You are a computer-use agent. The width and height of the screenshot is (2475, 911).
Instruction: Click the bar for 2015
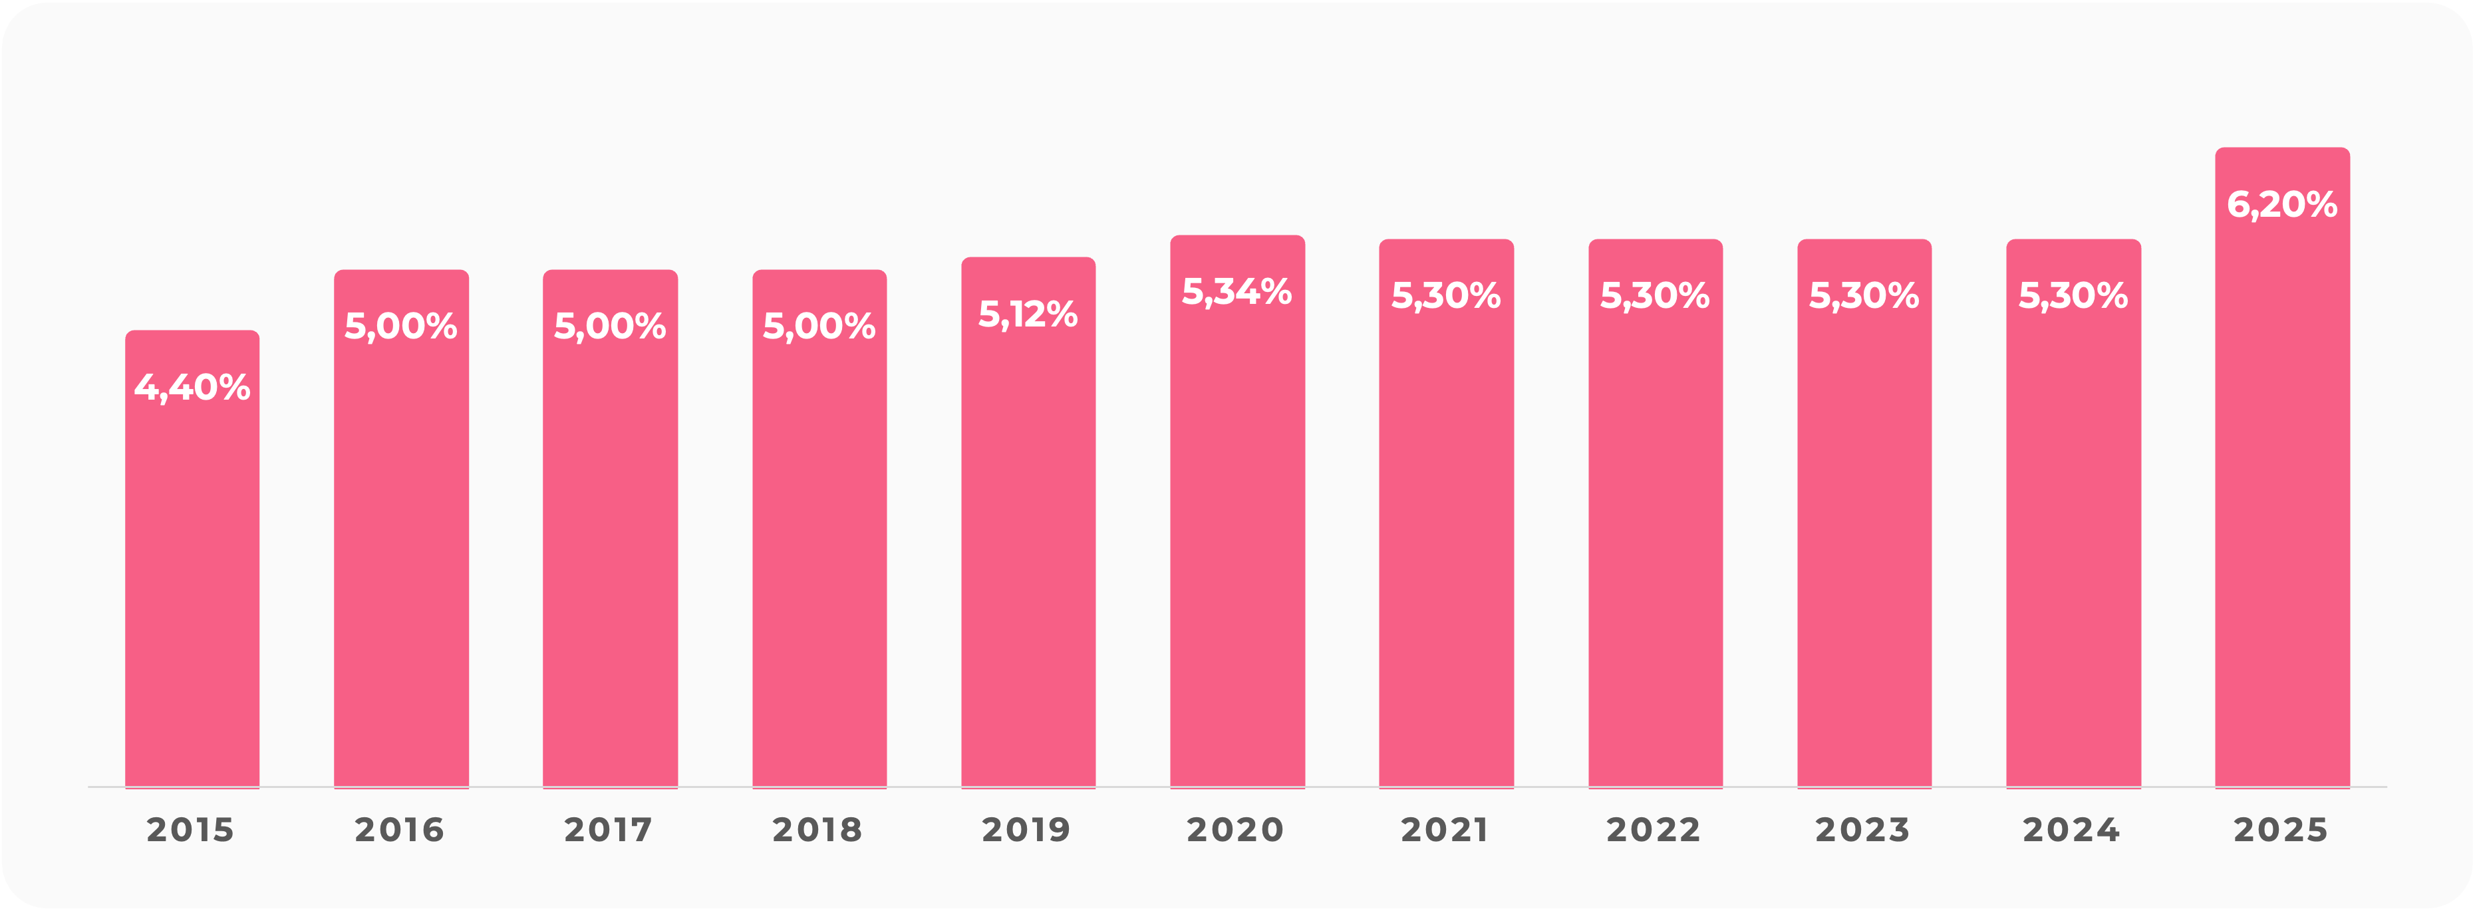[x=192, y=577]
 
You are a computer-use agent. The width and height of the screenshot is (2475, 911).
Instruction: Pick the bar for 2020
[x=1237, y=538]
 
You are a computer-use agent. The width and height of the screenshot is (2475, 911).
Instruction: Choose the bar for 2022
[x=1656, y=538]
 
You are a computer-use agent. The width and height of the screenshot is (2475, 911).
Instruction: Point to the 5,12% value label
[x=1028, y=315]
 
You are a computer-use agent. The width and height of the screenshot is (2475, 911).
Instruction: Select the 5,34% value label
[x=1237, y=292]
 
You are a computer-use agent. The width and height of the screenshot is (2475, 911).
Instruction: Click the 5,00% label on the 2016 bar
[x=400, y=326]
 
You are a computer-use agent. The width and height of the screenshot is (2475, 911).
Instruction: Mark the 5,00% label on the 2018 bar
[x=819, y=326]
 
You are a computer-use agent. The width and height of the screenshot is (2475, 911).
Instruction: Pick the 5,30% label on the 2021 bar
[x=1446, y=296]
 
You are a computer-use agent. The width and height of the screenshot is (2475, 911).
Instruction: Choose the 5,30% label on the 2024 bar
[x=2073, y=296]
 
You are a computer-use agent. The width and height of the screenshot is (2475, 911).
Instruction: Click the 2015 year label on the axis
[x=190, y=829]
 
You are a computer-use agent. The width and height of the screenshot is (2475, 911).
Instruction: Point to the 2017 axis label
[x=608, y=829]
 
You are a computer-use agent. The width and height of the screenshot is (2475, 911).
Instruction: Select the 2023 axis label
[x=1862, y=829]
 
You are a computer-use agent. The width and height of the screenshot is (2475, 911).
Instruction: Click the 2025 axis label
[x=2281, y=829]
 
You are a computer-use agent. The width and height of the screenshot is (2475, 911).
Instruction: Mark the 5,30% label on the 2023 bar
[x=1864, y=296]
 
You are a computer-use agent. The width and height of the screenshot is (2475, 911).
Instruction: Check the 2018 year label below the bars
[x=817, y=829]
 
